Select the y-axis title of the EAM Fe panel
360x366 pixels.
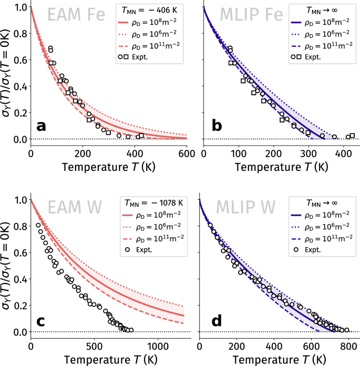click(7, 74)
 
